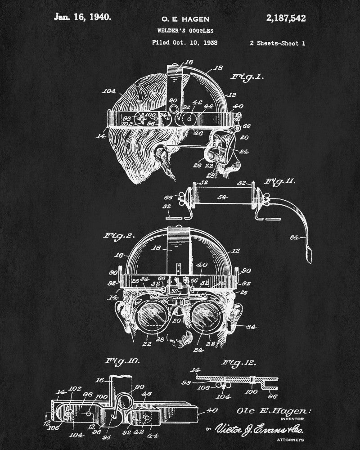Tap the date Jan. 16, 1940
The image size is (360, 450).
[82, 17]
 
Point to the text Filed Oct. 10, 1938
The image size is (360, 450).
[185, 43]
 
